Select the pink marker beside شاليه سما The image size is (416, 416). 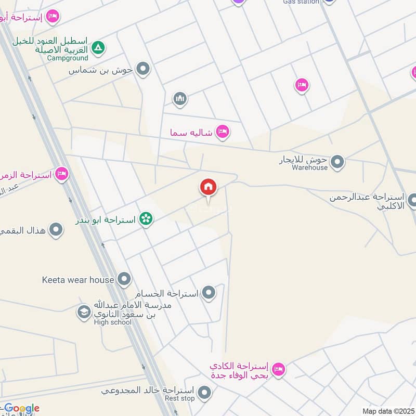pyautogui.click(x=223, y=132)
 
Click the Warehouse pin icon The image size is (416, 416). pyautogui.click(x=337, y=162)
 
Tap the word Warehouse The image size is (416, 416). pyautogui.click(x=309, y=167)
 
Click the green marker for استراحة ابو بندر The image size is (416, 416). pyautogui.click(x=146, y=219)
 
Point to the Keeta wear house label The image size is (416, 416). pyautogui.click(x=77, y=280)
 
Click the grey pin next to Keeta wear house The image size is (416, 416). pyautogui.click(x=124, y=280)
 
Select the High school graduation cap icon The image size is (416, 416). pyautogui.click(x=83, y=312)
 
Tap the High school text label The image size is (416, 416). pyautogui.click(x=113, y=322)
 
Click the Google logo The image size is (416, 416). pyautogui.click(x=21, y=409)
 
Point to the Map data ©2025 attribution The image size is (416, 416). pyautogui.click(x=387, y=411)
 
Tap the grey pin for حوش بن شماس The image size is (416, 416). pyautogui.click(x=143, y=69)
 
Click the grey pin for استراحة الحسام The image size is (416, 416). pyautogui.click(x=209, y=293)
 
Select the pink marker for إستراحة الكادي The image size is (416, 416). pyautogui.click(x=279, y=369)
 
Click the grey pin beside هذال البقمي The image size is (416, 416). pyautogui.click(x=56, y=229)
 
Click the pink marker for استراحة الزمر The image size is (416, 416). pyautogui.click(x=62, y=174)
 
